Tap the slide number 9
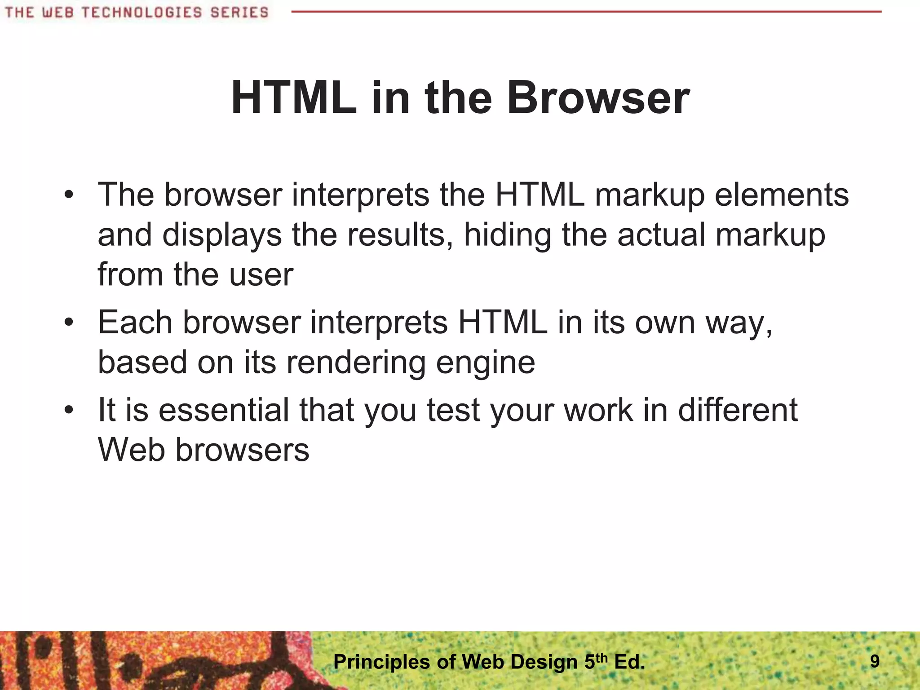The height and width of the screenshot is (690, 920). [875, 661]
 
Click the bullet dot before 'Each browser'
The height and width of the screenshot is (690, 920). [68, 323]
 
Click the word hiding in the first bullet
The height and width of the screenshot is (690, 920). [507, 235]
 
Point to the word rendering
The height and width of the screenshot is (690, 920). [356, 363]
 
